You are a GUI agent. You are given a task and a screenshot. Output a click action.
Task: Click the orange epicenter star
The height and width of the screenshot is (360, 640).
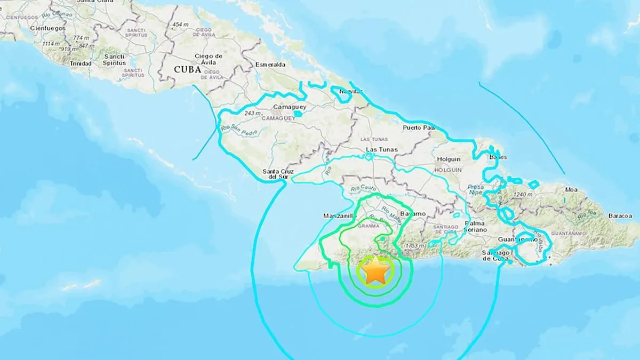pos(376,271)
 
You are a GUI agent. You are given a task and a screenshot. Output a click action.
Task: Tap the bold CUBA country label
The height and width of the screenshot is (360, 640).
pos(187,69)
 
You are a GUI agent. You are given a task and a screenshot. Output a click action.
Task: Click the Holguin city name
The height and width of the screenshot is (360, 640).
pos(449,159)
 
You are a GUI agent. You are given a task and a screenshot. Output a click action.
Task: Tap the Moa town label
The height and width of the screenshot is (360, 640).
pos(572,189)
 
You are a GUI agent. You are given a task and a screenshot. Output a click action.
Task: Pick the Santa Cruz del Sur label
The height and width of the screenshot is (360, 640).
pos(277,174)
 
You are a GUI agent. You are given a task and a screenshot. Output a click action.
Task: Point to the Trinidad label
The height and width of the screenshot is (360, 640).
pos(80,63)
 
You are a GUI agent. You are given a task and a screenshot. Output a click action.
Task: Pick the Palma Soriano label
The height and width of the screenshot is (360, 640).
pos(476,226)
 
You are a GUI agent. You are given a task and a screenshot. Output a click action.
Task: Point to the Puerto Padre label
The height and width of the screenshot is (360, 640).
pos(419,127)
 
